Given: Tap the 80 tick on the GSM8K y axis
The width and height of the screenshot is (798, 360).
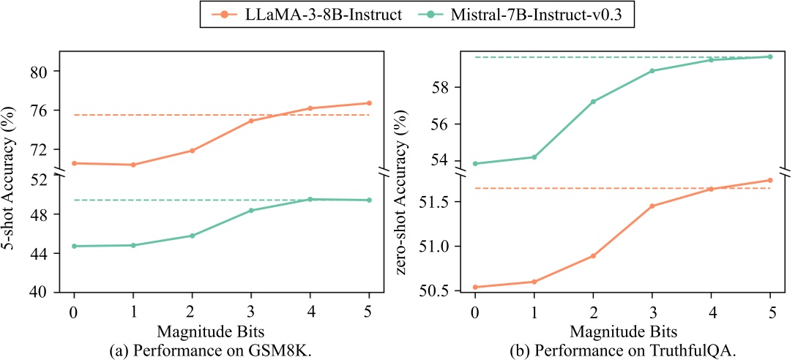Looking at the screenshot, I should point(44,72).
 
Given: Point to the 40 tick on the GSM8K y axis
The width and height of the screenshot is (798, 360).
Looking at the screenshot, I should point(44,292).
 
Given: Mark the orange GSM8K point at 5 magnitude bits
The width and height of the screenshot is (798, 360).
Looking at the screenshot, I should point(369,103).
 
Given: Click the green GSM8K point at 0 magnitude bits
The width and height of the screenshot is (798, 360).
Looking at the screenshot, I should point(74,246).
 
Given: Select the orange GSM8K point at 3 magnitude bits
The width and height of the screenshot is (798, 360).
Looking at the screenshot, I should point(251,121).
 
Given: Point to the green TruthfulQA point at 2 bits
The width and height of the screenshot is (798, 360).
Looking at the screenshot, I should point(593,102).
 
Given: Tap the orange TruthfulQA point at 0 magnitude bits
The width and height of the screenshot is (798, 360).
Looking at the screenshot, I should point(475,287).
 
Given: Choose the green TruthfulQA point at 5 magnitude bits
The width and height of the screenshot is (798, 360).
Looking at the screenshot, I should point(770,56).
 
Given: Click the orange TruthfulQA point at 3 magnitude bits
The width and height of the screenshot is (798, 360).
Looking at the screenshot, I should point(652,206).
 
